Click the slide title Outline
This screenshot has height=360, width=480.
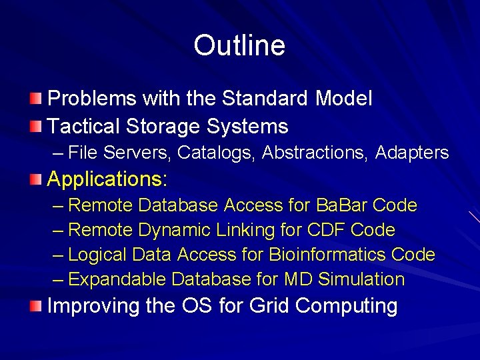(x=239, y=45)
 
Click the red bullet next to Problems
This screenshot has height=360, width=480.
(x=35, y=99)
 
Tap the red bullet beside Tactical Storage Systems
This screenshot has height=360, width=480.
(x=35, y=126)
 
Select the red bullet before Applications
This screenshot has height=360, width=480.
(x=35, y=179)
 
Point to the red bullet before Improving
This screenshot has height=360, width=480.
(x=35, y=306)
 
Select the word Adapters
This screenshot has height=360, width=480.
(x=412, y=153)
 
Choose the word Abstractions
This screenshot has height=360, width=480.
(x=315, y=153)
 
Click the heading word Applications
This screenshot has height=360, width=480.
(x=107, y=179)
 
